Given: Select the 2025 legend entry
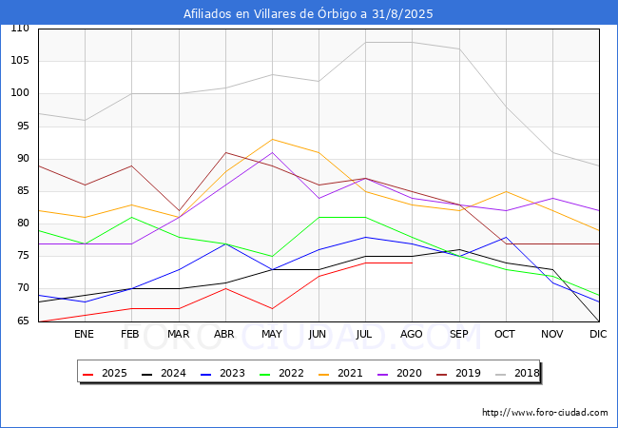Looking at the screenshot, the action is point(105,373).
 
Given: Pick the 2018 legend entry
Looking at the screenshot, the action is point(517,373).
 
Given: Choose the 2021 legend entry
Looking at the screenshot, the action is point(340,373).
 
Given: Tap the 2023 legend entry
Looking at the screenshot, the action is point(222,373).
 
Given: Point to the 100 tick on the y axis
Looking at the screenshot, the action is point(20,93).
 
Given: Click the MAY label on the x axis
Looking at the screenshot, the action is point(272,334).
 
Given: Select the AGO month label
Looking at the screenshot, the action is point(412,334).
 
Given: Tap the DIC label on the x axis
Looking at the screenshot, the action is point(598,334).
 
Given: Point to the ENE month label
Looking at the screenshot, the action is point(84,334).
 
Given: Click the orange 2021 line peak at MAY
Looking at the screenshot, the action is point(272,139).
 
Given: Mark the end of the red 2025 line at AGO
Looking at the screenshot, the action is point(413,263).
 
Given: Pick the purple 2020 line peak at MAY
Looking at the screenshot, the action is point(272,152).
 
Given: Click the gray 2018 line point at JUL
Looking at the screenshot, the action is point(366,42).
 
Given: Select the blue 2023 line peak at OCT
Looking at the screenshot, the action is point(506,237).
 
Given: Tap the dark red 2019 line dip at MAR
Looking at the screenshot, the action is point(179,211).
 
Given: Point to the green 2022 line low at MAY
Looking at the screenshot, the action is point(272,257).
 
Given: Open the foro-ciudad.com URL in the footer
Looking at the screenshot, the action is point(545,413).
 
